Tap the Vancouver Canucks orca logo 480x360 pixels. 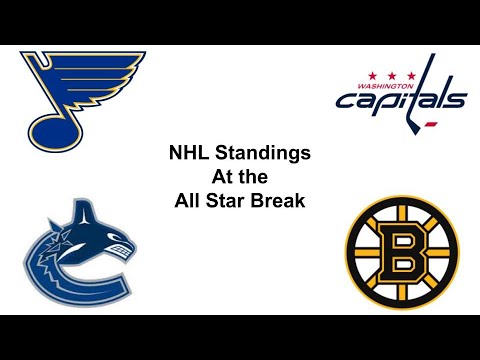78,250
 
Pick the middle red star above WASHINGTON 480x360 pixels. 385,74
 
